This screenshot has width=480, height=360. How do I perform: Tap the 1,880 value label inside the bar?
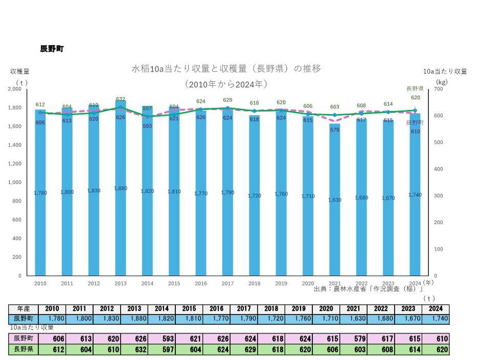tap(120, 188)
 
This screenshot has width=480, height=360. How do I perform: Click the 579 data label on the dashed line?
tap(334, 130)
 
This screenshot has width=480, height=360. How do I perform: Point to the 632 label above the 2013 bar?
tap(121, 99)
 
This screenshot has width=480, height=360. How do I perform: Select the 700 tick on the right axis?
tap(438, 89)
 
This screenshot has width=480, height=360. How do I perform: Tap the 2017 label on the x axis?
tap(227, 283)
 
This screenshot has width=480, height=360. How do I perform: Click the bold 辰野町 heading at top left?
tap(52, 49)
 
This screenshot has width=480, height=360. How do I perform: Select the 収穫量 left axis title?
tap(20, 72)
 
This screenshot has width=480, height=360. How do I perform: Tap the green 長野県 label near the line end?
tap(415, 88)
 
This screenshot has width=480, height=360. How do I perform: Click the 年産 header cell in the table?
tap(24, 309)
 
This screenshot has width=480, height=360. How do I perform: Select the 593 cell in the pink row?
tap(161, 339)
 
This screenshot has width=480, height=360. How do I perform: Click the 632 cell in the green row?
tap(134, 350)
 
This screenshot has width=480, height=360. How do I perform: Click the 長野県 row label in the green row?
tap(24, 350)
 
